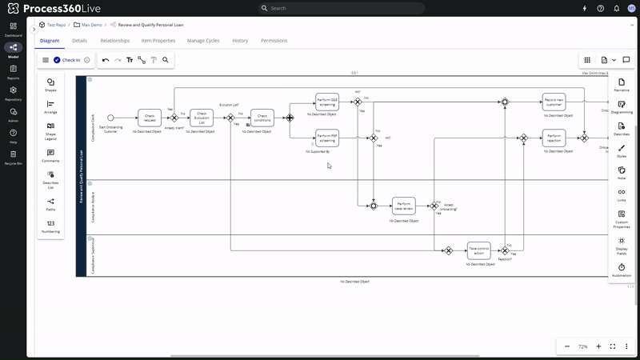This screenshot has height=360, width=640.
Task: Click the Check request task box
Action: [x=150, y=118]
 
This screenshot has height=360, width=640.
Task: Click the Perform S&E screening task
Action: [x=326, y=102]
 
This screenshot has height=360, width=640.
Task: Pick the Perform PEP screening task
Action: [x=326, y=138]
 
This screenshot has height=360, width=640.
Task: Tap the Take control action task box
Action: [x=479, y=250]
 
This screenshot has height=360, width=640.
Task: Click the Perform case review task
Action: [x=404, y=206]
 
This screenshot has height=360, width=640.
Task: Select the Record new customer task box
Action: [x=554, y=102]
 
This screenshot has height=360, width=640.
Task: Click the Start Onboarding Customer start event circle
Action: [x=111, y=118]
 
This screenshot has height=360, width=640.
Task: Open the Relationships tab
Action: [x=115, y=40]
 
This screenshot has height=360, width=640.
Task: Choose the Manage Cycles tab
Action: [x=203, y=40]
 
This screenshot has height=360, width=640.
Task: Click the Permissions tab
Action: [x=274, y=40]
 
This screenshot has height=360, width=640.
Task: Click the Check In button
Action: [x=66, y=60]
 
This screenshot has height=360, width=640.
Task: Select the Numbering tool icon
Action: [x=50, y=226]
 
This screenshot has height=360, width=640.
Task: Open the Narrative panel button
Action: [x=622, y=84]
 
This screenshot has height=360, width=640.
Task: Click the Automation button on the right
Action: [x=622, y=270]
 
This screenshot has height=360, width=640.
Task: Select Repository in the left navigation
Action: [x=13, y=94]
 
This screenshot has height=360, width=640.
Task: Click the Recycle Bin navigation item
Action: [x=13, y=157]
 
